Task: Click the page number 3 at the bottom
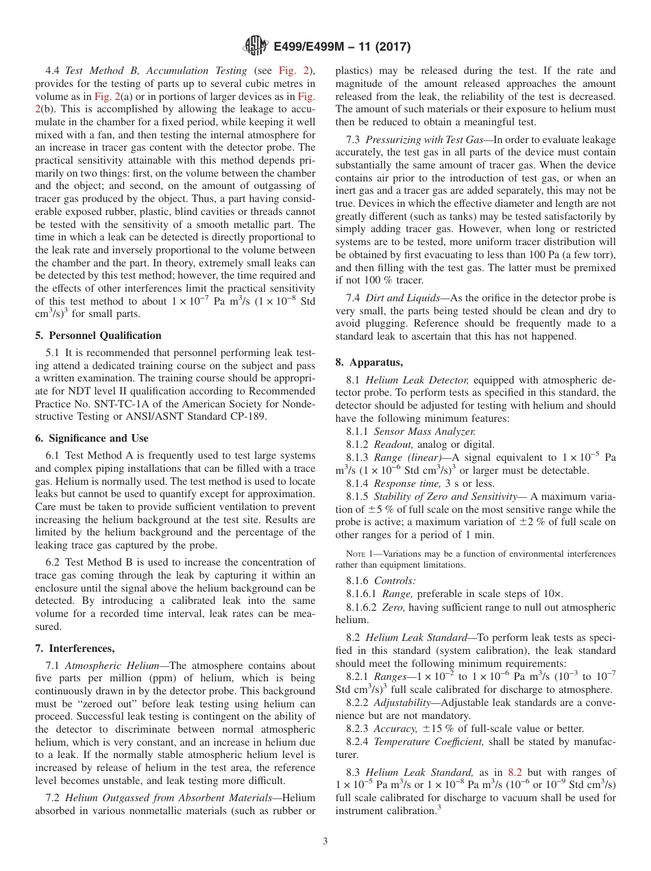[x=325, y=842]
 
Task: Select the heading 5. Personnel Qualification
[x=98, y=336]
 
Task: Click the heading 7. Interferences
[x=75, y=648]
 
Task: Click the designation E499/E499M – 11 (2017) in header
[x=341, y=47]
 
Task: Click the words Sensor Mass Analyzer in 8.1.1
[x=424, y=431]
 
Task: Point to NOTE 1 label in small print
[x=350, y=554]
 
